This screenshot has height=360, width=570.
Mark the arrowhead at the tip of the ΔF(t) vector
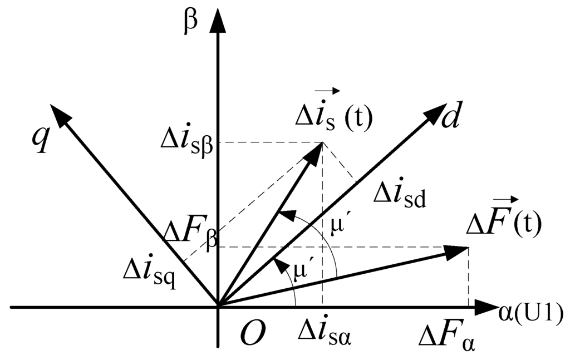point(458,251)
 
